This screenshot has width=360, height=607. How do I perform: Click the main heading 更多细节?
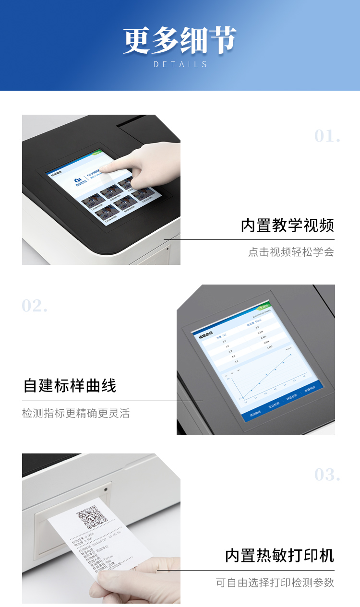[180, 40]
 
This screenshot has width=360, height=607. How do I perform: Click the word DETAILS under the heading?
[180, 64]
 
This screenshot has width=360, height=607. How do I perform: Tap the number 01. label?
[327, 136]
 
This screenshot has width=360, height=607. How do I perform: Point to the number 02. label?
[35, 306]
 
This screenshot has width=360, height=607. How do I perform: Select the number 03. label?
[327, 475]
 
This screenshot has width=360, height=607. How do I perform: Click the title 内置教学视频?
[287, 226]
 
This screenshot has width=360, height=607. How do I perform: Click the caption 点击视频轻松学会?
[291, 252]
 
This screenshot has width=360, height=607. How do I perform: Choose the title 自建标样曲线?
[70, 386]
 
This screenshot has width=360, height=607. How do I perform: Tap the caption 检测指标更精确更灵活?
[76, 413]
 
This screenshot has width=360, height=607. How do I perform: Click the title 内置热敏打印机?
[279, 556]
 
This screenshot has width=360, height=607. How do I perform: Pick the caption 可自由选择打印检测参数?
[275, 583]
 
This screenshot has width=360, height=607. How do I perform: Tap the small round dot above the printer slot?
[105, 489]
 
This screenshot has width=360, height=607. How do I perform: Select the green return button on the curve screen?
[263, 308]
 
